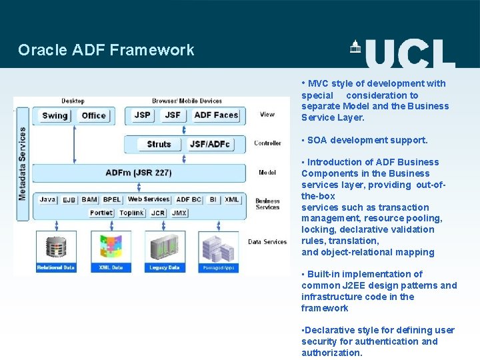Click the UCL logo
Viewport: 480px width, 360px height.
pyautogui.click(x=403, y=53)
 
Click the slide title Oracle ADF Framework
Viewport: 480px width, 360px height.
pyautogui.click(x=106, y=50)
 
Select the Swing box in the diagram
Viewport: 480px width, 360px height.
pyautogui.click(x=55, y=115)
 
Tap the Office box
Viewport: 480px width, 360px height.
pyautogui.click(x=93, y=115)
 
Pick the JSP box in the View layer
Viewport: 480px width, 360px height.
pyautogui.click(x=143, y=115)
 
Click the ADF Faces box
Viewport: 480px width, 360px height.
pyautogui.click(x=216, y=115)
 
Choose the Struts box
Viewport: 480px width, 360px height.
pyautogui.click(x=159, y=144)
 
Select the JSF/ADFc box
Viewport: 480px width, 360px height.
pyautogui.click(x=210, y=144)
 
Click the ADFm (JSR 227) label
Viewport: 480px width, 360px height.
pyautogui.click(x=139, y=173)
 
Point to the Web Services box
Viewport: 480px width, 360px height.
pyautogui.click(x=149, y=199)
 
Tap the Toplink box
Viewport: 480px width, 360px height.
pyautogui.click(x=131, y=213)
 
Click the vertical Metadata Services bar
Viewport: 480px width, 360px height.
pyautogui.click(x=22, y=164)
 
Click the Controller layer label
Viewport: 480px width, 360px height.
pyautogui.click(x=267, y=143)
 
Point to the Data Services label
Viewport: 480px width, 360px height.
pyautogui.click(x=267, y=242)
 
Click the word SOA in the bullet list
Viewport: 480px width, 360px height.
pyautogui.click(x=317, y=140)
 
